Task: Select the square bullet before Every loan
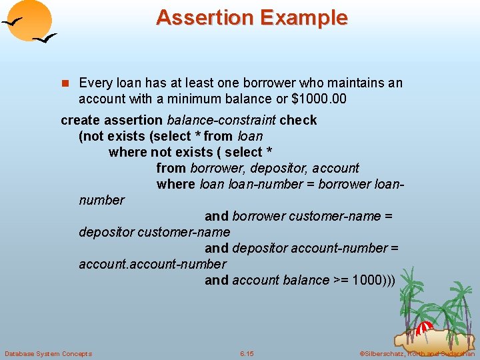pyautogui.click(x=65, y=83)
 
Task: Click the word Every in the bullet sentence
pyautogui.click(x=95, y=83)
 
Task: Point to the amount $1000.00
pyautogui.click(x=320, y=99)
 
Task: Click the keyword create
pyautogui.click(x=81, y=120)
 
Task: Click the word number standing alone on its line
pyautogui.click(x=101, y=200)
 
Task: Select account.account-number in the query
pyautogui.click(x=152, y=264)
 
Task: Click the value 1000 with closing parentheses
pyautogui.click(x=373, y=280)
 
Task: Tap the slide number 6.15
pyautogui.click(x=247, y=353)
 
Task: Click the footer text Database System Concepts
pyautogui.click(x=48, y=353)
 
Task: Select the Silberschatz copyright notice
pyautogui.click(x=417, y=353)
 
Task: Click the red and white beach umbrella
pyautogui.click(x=425, y=328)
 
